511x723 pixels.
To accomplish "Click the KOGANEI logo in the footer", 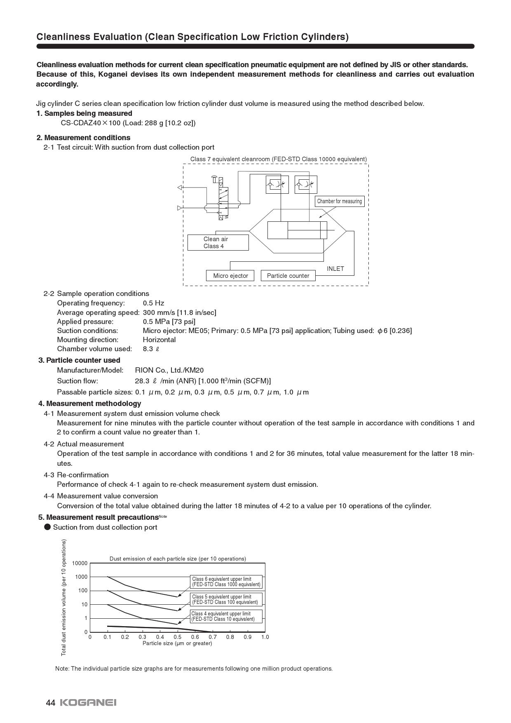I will pos(88,702).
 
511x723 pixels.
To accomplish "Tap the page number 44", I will pos(50,702).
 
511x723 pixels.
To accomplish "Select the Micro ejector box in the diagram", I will pos(230,276).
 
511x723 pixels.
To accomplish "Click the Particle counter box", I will pos(288,276).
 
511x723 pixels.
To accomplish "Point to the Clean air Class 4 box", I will pos(218,242).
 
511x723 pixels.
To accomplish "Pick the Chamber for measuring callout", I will pos(339,201).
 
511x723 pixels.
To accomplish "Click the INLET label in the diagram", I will pos(335,269).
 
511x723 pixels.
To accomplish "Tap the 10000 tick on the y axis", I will pos(80,563).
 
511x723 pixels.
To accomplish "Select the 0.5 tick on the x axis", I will pos(177,637).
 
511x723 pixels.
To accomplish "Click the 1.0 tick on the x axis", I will pos(265,637).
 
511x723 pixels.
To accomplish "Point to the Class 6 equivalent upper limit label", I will pos(226,582).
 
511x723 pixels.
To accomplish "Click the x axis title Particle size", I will pos(177,643).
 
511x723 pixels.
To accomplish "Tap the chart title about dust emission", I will pos(178,559).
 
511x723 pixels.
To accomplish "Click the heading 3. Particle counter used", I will pos(79,360).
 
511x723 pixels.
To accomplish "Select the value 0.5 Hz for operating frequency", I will pos(153,303).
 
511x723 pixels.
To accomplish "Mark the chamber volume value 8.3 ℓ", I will pos(151,349).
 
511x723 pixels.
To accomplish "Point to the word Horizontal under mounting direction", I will pos(159,340).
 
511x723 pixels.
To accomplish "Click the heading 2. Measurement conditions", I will pos(83,138).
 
